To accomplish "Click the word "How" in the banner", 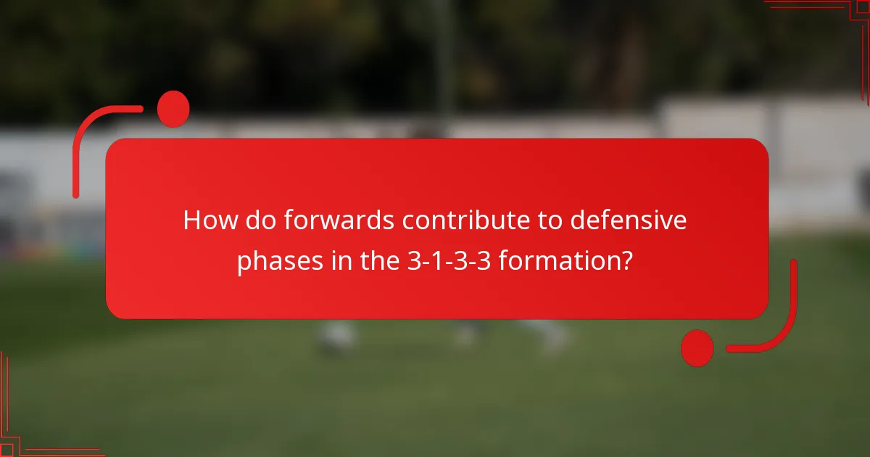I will (210, 221).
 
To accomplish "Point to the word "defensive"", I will (628, 221).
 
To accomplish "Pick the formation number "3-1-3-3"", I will (444, 261).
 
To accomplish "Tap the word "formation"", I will (559, 261).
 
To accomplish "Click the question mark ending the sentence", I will (626, 261).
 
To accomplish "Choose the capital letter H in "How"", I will (192, 221).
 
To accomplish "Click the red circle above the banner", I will (173, 109).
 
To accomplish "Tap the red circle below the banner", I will (697, 348).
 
